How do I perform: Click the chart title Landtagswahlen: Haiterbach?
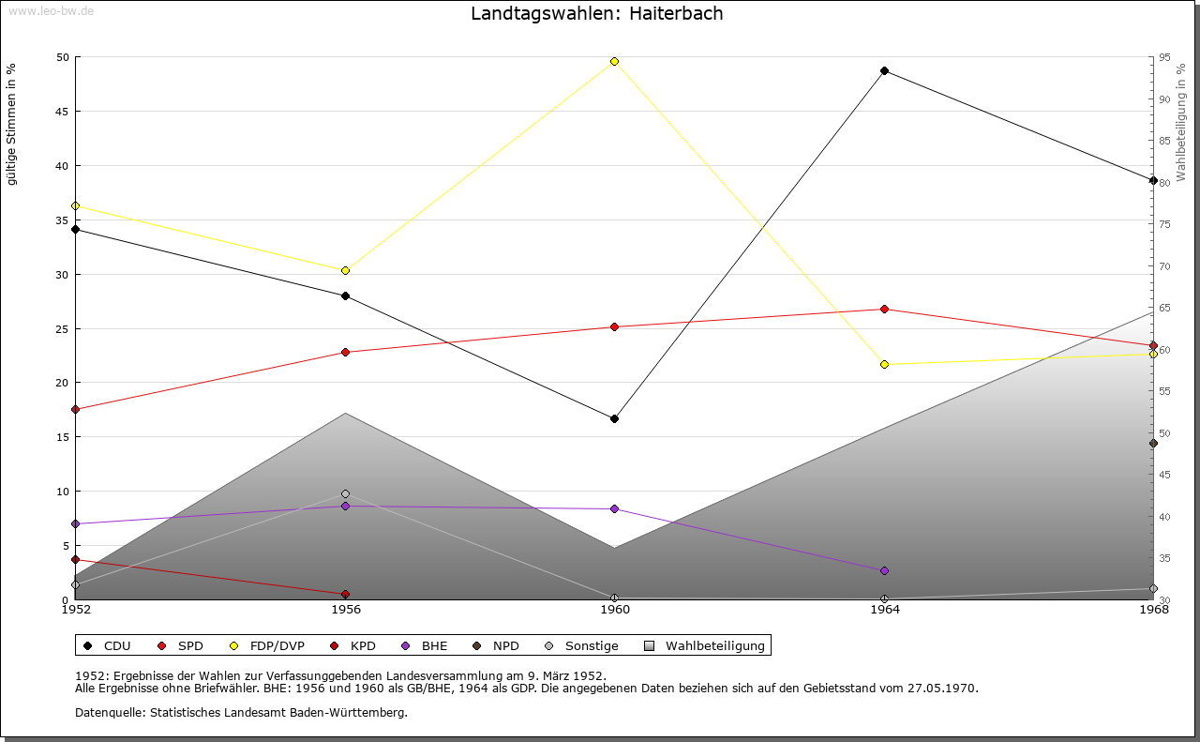(596, 14)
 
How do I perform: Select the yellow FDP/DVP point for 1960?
(615, 61)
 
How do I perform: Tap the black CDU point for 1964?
(884, 70)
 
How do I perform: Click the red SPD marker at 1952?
(76, 409)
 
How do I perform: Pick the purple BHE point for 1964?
(884, 570)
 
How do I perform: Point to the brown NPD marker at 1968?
(1153, 444)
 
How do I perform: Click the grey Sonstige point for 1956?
(345, 493)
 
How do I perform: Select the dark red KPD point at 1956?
(345, 594)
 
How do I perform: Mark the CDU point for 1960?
(615, 418)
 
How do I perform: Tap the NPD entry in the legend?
(505, 645)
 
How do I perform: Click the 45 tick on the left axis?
(63, 112)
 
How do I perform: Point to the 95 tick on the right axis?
(1163, 57)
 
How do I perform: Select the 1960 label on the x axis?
(615, 610)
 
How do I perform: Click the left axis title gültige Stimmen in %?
(12, 124)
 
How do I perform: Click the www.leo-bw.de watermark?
(50, 9)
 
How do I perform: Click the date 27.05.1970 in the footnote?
(942, 688)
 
